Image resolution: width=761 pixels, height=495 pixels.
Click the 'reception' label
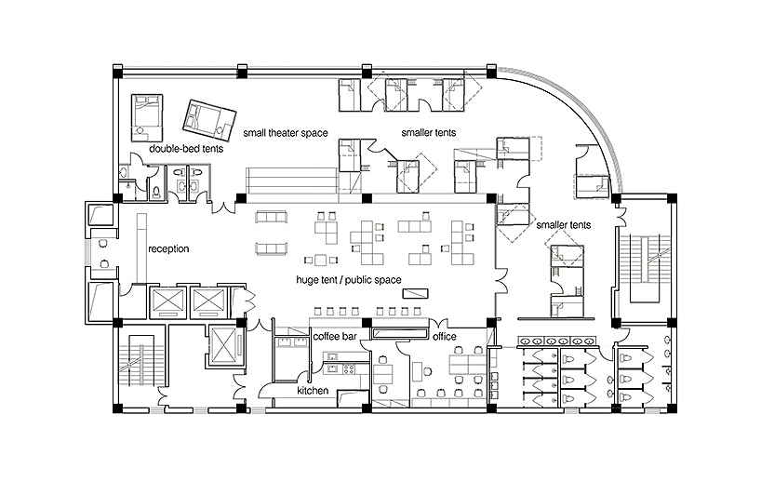(168, 249)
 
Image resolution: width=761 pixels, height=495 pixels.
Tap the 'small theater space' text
(286, 132)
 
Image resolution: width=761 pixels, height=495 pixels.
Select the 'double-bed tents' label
(186, 149)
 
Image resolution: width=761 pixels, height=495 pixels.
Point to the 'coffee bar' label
(335, 336)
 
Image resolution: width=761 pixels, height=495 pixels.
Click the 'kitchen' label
(313, 390)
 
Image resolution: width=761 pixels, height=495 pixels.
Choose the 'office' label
(445, 336)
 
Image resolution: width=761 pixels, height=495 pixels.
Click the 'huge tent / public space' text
(349, 280)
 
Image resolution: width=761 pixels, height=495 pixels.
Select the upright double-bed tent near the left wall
(147, 118)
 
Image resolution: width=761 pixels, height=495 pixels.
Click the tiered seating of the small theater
(291, 181)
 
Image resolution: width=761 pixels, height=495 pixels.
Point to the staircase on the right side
(645, 267)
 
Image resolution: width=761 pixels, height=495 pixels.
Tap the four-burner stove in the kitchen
(349, 368)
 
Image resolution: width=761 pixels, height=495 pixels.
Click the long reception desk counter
(141, 247)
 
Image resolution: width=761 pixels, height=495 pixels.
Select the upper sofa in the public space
(272, 217)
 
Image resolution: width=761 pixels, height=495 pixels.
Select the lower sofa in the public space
(272, 248)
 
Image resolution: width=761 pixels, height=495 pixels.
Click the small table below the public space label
(415, 294)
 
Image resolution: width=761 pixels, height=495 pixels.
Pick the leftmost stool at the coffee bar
(319, 311)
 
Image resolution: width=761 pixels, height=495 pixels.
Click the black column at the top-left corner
(118, 73)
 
